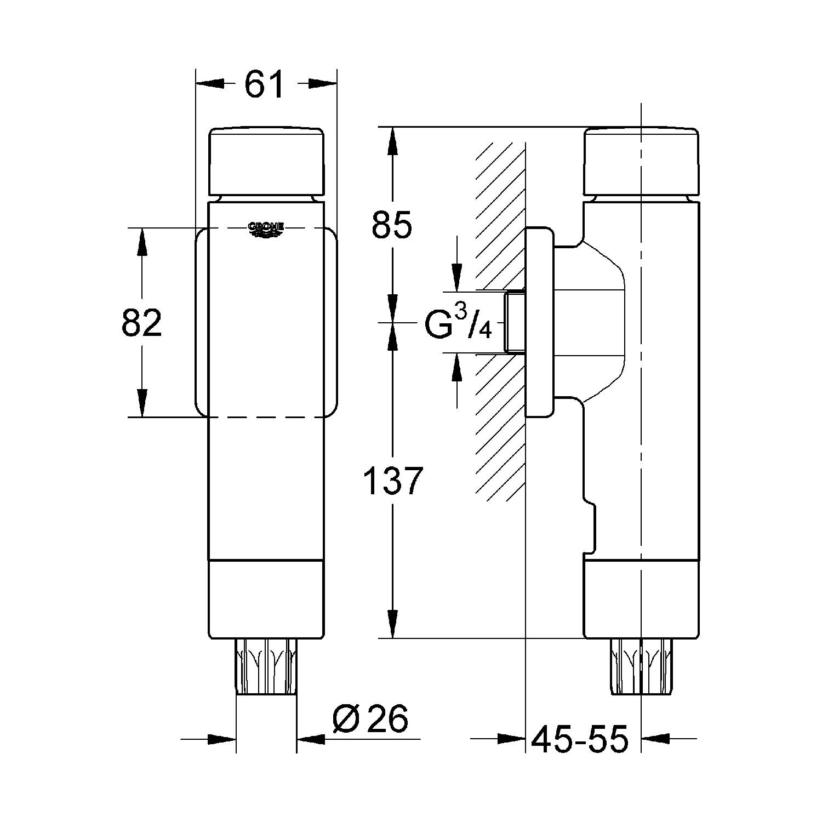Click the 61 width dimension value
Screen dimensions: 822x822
[264, 84]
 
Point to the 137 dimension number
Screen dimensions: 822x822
[393, 481]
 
